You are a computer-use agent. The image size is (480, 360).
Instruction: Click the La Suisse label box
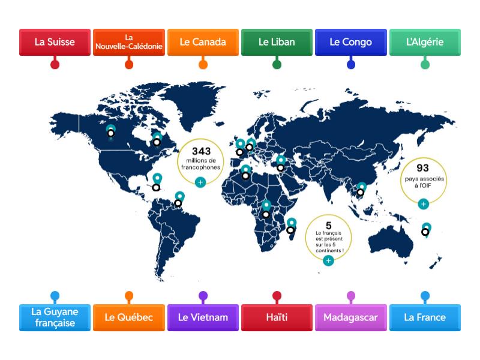coord(55,42)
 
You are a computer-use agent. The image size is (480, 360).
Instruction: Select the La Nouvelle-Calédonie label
coord(129,42)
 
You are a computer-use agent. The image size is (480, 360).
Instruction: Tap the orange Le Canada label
coord(203,42)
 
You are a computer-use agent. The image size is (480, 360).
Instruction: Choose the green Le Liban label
coord(277,42)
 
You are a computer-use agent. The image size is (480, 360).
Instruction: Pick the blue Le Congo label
coord(351,42)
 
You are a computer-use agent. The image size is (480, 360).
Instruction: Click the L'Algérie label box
coord(425,42)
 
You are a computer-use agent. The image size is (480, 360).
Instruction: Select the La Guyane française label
coord(55,317)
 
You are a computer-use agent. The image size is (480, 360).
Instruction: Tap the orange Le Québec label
coord(129,317)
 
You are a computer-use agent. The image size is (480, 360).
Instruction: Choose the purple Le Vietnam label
coord(203,317)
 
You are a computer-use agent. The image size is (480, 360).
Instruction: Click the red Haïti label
coord(277,317)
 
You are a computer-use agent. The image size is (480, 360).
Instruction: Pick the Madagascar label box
coord(351,317)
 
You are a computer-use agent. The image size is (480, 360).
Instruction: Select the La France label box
coord(425,317)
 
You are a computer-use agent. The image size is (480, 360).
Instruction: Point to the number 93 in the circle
coord(423,168)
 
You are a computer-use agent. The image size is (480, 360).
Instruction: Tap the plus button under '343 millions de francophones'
coord(200,181)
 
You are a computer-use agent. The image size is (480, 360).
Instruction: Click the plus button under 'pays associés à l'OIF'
coord(423,204)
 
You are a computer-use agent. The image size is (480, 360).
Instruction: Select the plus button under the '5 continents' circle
coord(328,260)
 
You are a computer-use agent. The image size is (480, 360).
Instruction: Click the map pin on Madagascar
coord(292,223)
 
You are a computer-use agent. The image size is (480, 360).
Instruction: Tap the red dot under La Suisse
coord(55,64)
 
